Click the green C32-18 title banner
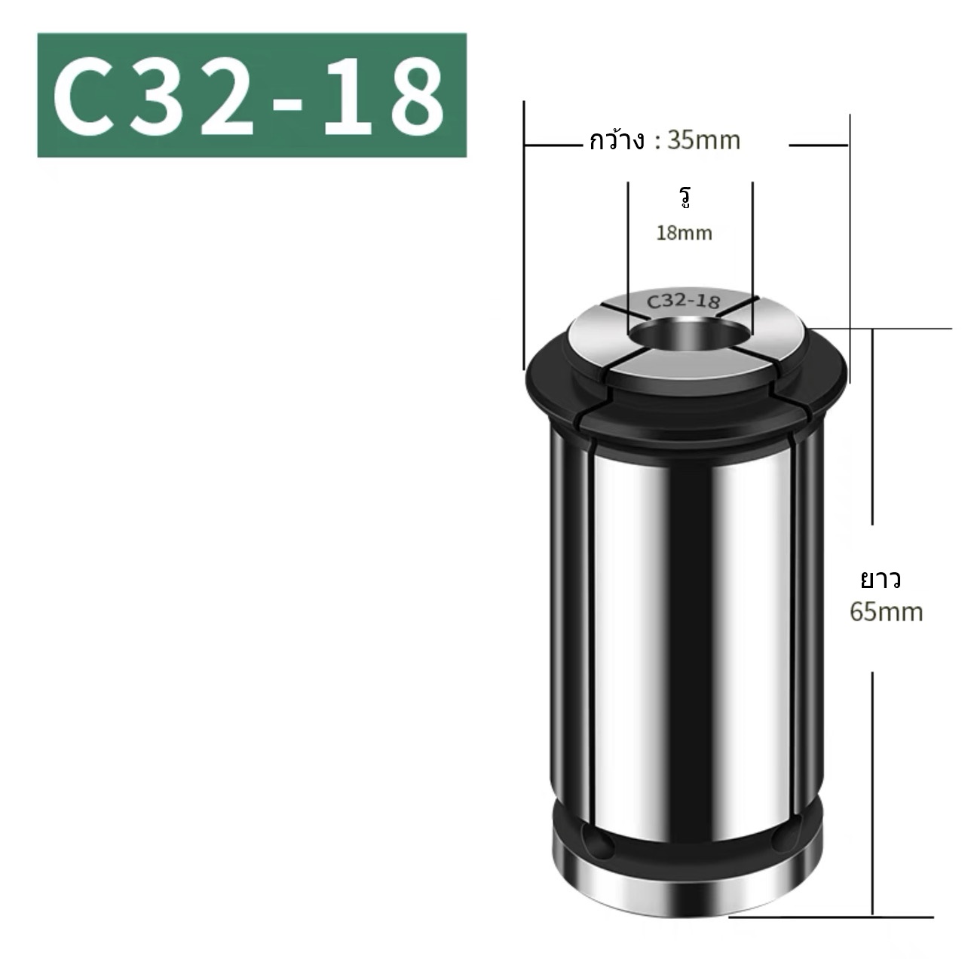[x=252, y=95]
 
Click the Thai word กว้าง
[x=617, y=141]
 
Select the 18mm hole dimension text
[x=684, y=233]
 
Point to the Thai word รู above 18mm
[x=685, y=198]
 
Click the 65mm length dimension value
[x=886, y=611]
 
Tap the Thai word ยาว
[x=881, y=581]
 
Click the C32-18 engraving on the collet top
[x=683, y=301]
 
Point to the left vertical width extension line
[x=523, y=234]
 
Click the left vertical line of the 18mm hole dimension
[x=627, y=256]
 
